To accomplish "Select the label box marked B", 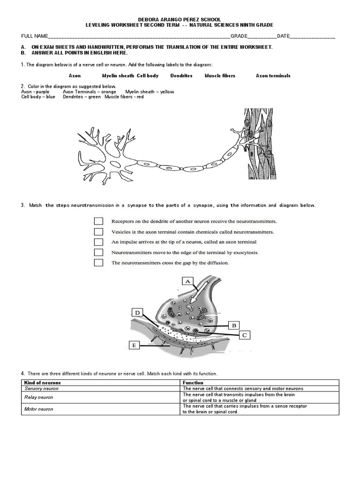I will pyautogui.click(x=233, y=324).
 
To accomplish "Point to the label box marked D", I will pyautogui.click(x=137, y=313).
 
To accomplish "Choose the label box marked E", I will pyautogui.click(x=134, y=345).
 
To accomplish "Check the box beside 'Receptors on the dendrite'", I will pyautogui.click(x=98, y=221).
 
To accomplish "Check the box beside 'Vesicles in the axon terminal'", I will pyautogui.click(x=98, y=232).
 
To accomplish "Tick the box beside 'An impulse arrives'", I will pyautogui.click(x=98, y=242).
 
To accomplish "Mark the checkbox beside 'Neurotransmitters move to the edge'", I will pyautogui.click(x=98, y=252).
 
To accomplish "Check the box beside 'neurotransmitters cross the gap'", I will pyautogui.click(x=98, y=262).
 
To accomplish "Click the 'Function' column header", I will pyautogui.click(x=260, y=383).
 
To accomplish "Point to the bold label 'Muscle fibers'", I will pyautogui.click(x=220, y=75).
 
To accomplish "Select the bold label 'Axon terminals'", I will pyautogui.click(x=273, y=75).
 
